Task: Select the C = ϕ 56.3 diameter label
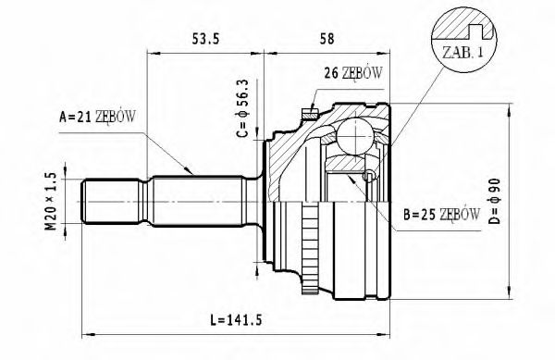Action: click(241, 109)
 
